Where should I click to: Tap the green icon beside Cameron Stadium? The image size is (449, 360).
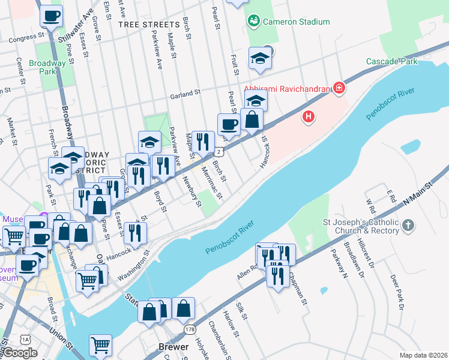pyautogui.click(x=254, y=22)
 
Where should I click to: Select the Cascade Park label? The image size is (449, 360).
pyautogui.click(x=392, y=62)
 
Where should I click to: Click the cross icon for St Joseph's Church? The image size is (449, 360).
pyautogui.click(x=408, y=225)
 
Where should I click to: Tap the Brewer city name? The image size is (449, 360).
pyautogui.click(x=173, y=347)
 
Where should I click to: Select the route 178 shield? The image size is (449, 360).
pyautogui.click(x=190, y=329)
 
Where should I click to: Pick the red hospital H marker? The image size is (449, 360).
pyautogui.click(x=309, y=116)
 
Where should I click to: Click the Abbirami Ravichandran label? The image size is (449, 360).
pyautogui.click(x=287, y=89)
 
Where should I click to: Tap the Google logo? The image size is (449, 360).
pyautogui.click(x=19, y=353)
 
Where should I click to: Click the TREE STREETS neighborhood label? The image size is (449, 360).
pyautogui.click(x=149, y=25)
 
